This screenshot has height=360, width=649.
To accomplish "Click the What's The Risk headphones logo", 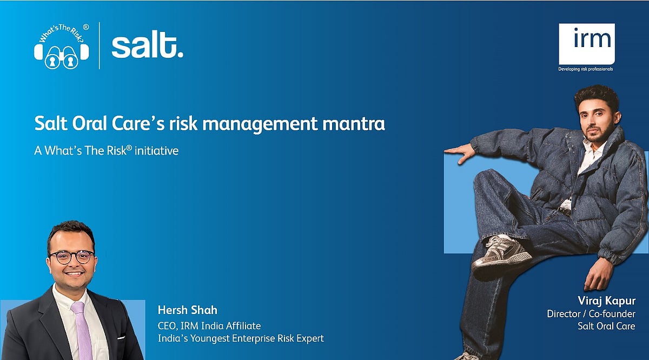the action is [x=62, y=46].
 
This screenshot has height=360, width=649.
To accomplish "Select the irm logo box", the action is [x=587, y=44].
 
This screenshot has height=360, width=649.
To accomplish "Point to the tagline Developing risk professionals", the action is [x=586, y=69].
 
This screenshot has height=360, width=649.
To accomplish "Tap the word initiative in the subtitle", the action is [x=156, y=151].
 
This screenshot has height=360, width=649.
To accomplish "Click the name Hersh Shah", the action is [x=188, y=310].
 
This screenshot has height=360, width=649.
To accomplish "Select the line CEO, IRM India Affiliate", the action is [x=209, y=326].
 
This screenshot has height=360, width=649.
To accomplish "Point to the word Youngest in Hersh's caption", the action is [x=209, y=338].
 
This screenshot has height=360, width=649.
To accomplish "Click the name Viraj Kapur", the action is [x=607, y=301].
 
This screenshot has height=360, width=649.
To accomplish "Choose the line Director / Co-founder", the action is [x=591, y=314].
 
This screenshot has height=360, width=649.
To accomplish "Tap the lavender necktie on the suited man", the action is [x=83, y=330].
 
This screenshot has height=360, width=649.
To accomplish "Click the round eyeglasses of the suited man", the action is [x=71, y=257].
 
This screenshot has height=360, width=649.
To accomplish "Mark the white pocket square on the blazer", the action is [x=121, y=337].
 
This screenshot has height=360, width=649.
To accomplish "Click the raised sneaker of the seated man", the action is [x=501, y=254].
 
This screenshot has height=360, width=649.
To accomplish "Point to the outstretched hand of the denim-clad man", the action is [x=460, y=152].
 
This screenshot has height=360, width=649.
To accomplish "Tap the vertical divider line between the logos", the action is [x=100, y=46].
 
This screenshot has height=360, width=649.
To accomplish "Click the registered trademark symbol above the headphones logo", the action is [x=86, y=27].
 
